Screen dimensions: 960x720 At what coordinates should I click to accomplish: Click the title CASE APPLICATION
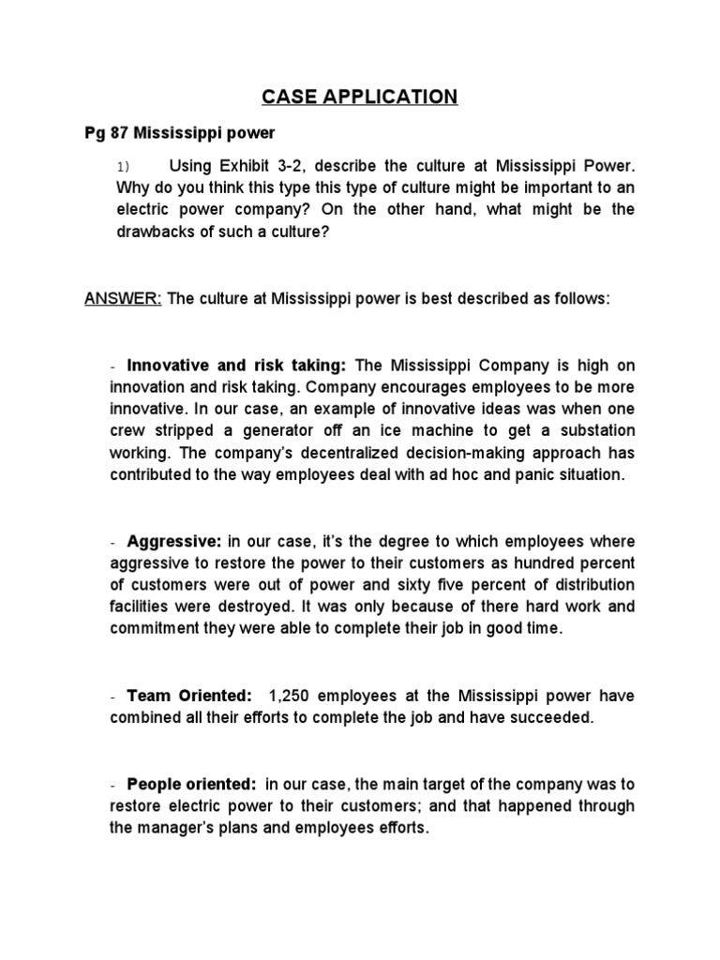coord(360,97)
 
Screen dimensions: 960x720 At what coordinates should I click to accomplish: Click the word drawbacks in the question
coord(152,231)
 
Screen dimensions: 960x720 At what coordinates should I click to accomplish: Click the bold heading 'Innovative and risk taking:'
coord(237,365)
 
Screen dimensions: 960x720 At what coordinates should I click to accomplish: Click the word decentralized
coord(322,452)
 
